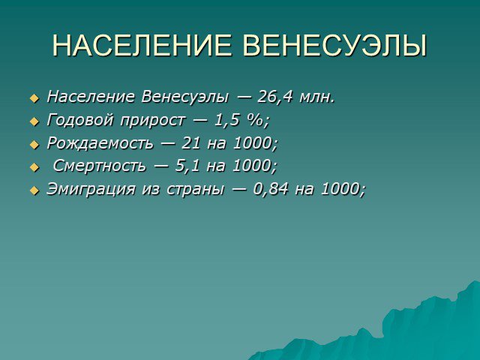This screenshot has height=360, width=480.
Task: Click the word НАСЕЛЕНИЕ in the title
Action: (142, 46)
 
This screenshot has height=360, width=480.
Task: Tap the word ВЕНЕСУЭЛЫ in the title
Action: (334, 46)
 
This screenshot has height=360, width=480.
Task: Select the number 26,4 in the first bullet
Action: (275, 97)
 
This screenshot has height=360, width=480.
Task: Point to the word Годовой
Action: (80, 120)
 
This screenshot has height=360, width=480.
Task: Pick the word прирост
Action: (153, 121)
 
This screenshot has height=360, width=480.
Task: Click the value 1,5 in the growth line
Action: (226, 120)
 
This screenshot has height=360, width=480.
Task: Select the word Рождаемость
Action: (100, 143)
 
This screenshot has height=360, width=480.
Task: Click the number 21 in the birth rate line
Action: (191, 143)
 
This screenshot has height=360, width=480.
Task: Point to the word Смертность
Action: (99, 166)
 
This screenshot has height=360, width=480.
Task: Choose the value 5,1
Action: (187, 166)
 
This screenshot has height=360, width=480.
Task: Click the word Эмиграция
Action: (91, 189)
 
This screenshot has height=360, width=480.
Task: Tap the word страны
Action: (195, 190)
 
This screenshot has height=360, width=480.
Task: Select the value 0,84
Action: (271, 189)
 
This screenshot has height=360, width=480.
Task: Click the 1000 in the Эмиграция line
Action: (340, 189)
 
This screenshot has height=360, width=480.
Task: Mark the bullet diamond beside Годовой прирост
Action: (34, 121)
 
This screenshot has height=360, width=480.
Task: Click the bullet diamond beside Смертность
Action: (34, 168)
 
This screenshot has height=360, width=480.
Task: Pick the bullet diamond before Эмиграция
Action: (34, 190)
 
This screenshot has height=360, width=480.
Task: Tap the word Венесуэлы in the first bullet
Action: (185, 97)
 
